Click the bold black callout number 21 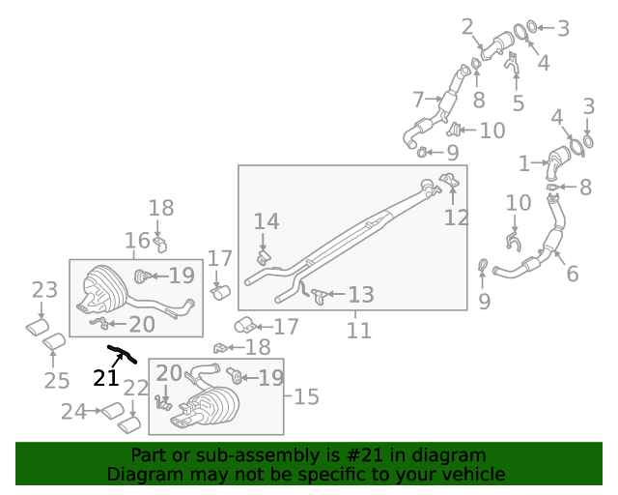tap(105, 377)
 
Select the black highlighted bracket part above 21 tap(123, 353)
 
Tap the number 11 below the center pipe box tap(359, 331)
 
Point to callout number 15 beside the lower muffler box tap(306, 396)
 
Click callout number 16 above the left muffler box tap(137, 240)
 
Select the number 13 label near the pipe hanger tap(361, 294)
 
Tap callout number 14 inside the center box tap(267, 221)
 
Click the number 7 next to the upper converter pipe tap(418, 99)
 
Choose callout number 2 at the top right tap(467, 26)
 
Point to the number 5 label tap(519, 102)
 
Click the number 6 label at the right tap(573, 274)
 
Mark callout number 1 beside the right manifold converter tap(524, 163)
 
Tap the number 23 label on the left tap(44, 289)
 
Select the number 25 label tap(57, 380)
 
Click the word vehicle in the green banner tap(473, 474)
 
